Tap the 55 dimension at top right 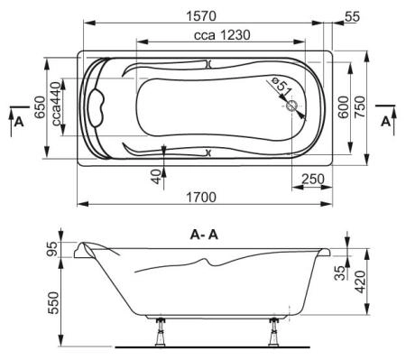coord(350,15)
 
